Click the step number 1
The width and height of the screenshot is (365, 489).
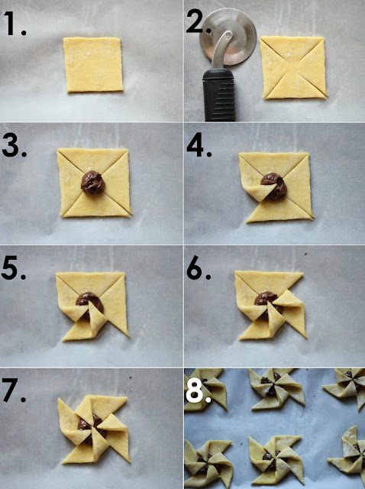click(x=14, y=24)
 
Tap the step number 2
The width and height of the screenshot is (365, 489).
click(x=198, y=21)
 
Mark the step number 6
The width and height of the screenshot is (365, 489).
click(x=199, y=267)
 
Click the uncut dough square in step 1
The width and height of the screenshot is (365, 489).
click(x=93, y=64)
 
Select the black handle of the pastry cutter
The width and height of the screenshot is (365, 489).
click(x=219, y=95)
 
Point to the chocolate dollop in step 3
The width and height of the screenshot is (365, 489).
click(x=93, y=183)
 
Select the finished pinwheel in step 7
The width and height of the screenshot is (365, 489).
click(x=93, y=429)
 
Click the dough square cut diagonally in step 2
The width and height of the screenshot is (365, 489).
click(x=293, y=67)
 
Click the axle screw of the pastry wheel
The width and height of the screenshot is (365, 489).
click(x=229, y=35)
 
